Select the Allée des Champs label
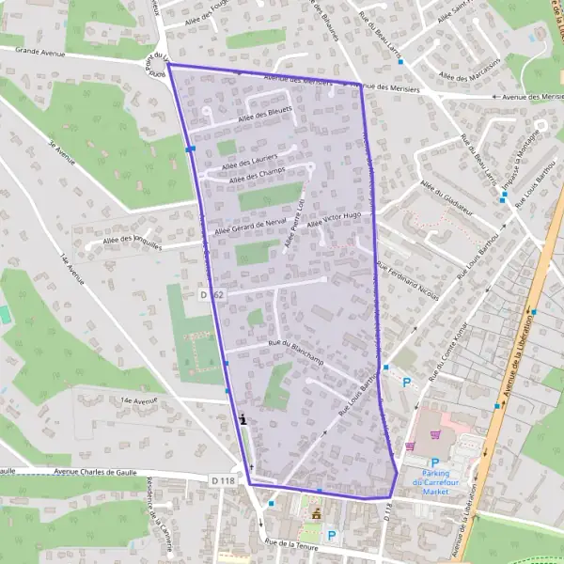point(257,175)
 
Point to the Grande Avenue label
point(39,54)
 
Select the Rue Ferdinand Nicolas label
point(406,282)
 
